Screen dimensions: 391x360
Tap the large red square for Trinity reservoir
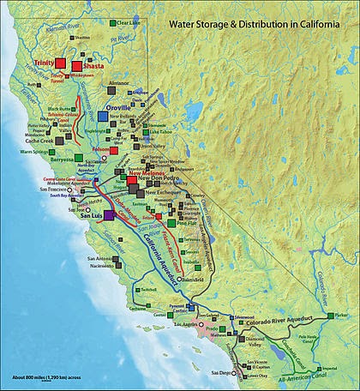tap(63, 64)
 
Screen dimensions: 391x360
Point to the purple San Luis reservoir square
tap(108, 216)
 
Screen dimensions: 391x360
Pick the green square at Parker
tap(329, 317)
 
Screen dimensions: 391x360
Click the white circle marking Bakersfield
tap(179, 279)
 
